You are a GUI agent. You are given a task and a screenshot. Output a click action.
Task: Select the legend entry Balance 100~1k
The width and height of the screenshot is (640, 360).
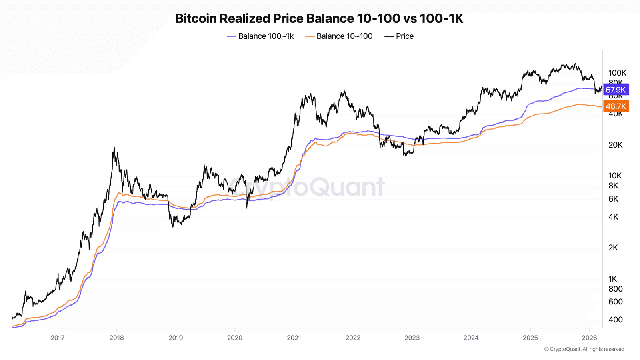click(x=260, y=36)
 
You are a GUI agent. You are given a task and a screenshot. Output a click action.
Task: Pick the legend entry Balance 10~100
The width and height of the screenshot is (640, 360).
click(x=339, y=36)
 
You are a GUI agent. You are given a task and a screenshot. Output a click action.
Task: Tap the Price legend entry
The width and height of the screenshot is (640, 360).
click(x=399, y=36)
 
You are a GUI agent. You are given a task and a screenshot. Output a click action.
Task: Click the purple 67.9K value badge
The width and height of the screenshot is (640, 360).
click(x=616, y=90)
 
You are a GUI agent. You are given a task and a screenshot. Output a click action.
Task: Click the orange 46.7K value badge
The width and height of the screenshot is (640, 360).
click(x=616, y=106)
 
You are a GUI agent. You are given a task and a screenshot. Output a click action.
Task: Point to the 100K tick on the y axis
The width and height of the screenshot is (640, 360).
click(x=617, y=73)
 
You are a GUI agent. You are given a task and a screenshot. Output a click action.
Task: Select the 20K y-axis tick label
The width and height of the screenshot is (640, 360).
click(x=615, y=145)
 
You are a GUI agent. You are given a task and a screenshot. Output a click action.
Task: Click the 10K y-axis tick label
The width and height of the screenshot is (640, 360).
click(x=615, y=176)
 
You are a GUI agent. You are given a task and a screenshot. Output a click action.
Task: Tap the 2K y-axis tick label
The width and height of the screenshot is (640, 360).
click(x=613, y=248)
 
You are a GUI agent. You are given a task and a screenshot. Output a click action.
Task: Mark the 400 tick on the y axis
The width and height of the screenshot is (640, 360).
click(x=615, y=320)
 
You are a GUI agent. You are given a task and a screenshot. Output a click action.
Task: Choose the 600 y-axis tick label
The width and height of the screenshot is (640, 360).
click(x=615, y=302)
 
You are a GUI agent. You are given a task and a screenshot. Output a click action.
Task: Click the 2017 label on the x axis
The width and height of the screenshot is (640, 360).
click(x=58, y=338)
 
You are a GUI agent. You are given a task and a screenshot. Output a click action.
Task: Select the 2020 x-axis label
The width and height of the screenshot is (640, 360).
click(x=235, y=338)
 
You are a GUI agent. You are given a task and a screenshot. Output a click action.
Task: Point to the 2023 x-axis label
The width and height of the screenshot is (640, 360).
click(x=412, y=338)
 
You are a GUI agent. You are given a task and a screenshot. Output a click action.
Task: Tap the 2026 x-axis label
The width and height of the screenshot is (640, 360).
click(x=589, y=338)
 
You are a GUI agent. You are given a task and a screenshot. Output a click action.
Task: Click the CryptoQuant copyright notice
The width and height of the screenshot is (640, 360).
click(x=584, y=349)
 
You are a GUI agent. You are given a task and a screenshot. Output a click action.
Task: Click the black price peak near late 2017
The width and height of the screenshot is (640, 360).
click(x=114, y=148)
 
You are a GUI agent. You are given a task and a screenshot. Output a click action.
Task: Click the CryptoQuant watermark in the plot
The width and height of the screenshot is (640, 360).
click(x=306, y=186)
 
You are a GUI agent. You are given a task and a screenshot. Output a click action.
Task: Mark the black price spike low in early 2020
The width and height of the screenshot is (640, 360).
click(x=246, y=207)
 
